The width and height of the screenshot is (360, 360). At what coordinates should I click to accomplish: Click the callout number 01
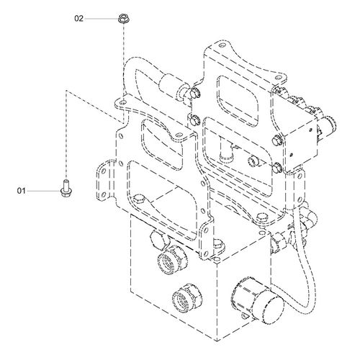(x=21, y=191)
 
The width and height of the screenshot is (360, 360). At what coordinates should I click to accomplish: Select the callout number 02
(x=78, y=19)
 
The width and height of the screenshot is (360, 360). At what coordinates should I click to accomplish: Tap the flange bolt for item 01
(x=66, y=188)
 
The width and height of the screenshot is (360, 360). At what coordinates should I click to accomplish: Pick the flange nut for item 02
(x=123, y=19)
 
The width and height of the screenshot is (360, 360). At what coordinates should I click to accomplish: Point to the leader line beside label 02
(x=101, y=19)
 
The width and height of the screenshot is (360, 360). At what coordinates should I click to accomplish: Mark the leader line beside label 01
(x=43, y=191)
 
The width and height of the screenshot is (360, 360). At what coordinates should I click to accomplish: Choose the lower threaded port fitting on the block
(x=187, y=297)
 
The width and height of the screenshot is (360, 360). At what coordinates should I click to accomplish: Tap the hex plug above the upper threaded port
(x=157, y=238)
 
